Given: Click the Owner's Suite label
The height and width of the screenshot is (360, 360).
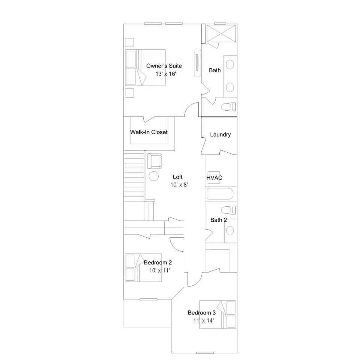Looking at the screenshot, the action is (164, 66).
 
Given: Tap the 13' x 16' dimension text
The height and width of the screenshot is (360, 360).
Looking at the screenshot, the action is (166, 74).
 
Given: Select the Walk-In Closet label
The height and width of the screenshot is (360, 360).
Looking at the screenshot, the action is (149, 132).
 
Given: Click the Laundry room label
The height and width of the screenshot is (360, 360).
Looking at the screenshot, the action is (220, 135).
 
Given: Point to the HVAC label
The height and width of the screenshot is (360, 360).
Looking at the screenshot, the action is (214, 178).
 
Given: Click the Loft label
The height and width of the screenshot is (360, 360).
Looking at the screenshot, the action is (177, 177).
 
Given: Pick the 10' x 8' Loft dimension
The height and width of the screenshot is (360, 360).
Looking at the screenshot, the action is (179, 185).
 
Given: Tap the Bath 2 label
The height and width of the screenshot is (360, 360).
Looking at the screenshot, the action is (219, 220).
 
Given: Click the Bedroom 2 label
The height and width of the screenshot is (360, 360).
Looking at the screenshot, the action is (158, 262).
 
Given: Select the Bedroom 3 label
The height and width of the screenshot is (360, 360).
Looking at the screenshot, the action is (202, 313).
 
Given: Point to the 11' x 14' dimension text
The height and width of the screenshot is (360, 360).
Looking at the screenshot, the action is (203, 321).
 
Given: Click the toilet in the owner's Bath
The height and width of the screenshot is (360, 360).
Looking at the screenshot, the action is (228, 107).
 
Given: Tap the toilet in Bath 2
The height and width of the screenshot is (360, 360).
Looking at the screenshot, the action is (228, 210).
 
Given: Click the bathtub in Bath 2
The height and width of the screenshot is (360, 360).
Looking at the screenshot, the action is (220, 194).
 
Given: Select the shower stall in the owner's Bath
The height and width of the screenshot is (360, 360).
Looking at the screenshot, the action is (221, 34).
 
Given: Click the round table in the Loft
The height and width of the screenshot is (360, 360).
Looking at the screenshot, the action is (154, 176).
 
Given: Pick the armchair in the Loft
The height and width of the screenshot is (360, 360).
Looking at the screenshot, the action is (154, 161).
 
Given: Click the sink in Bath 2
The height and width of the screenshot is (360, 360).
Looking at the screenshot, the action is (230, 231).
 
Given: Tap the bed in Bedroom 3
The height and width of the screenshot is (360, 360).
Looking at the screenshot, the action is (217, 315).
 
